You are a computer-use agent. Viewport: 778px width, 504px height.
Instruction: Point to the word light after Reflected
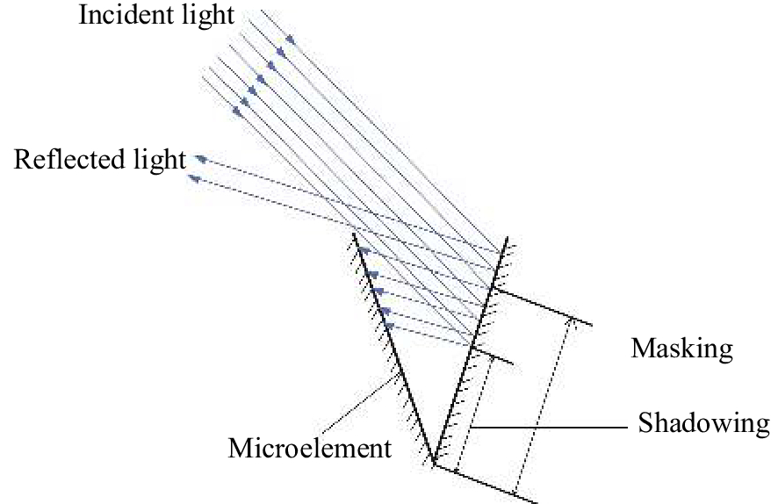click(161, 161)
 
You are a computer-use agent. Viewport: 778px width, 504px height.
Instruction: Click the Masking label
click(681, 349)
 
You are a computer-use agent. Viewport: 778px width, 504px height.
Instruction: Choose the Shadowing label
click(703, 423)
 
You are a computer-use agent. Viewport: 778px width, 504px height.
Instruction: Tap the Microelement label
click(309, 449)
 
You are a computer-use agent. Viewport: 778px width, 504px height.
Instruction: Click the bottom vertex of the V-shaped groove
click(433, 463)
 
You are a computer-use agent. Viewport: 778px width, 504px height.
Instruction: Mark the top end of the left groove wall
click(352, 234)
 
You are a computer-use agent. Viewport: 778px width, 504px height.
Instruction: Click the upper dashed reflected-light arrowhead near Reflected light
click(201, 158)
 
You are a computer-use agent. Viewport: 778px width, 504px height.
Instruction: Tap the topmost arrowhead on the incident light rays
click(288, 39)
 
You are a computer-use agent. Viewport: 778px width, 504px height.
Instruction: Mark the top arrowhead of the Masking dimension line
click(573, 321)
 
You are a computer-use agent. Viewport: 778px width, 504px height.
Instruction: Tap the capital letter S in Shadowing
click(645, 423)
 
